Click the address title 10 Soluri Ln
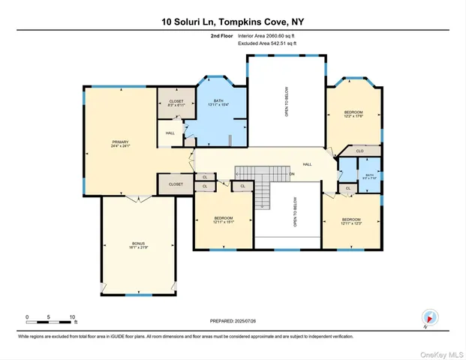point(232,22)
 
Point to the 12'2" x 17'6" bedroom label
point(353,114)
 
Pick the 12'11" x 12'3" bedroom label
point(351,220)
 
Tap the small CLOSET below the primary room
point(176,184)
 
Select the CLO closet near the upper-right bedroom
point(359,151)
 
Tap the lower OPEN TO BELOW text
point(286,217)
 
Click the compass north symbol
point(429,318)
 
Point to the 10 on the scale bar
point(73,316)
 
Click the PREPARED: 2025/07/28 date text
point(233,321)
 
